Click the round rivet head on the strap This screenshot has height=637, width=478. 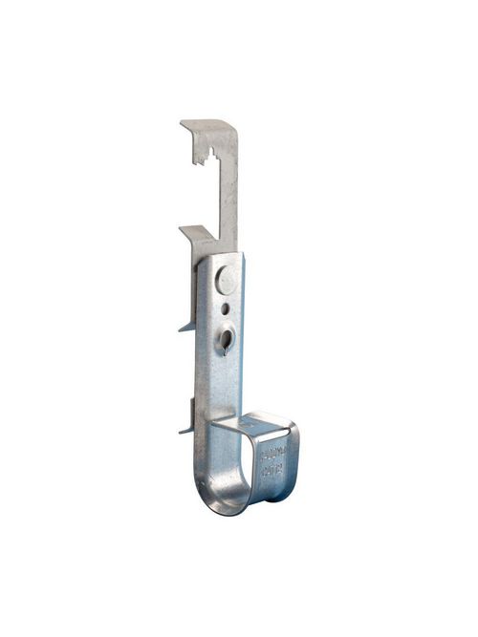tap(226, 280)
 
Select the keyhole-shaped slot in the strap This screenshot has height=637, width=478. tap(226, 337)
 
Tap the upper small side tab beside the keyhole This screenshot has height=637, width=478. tap(185, 327)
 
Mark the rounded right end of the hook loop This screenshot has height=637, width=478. tap(291, 463)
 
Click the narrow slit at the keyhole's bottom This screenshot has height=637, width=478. tap(223, 350)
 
